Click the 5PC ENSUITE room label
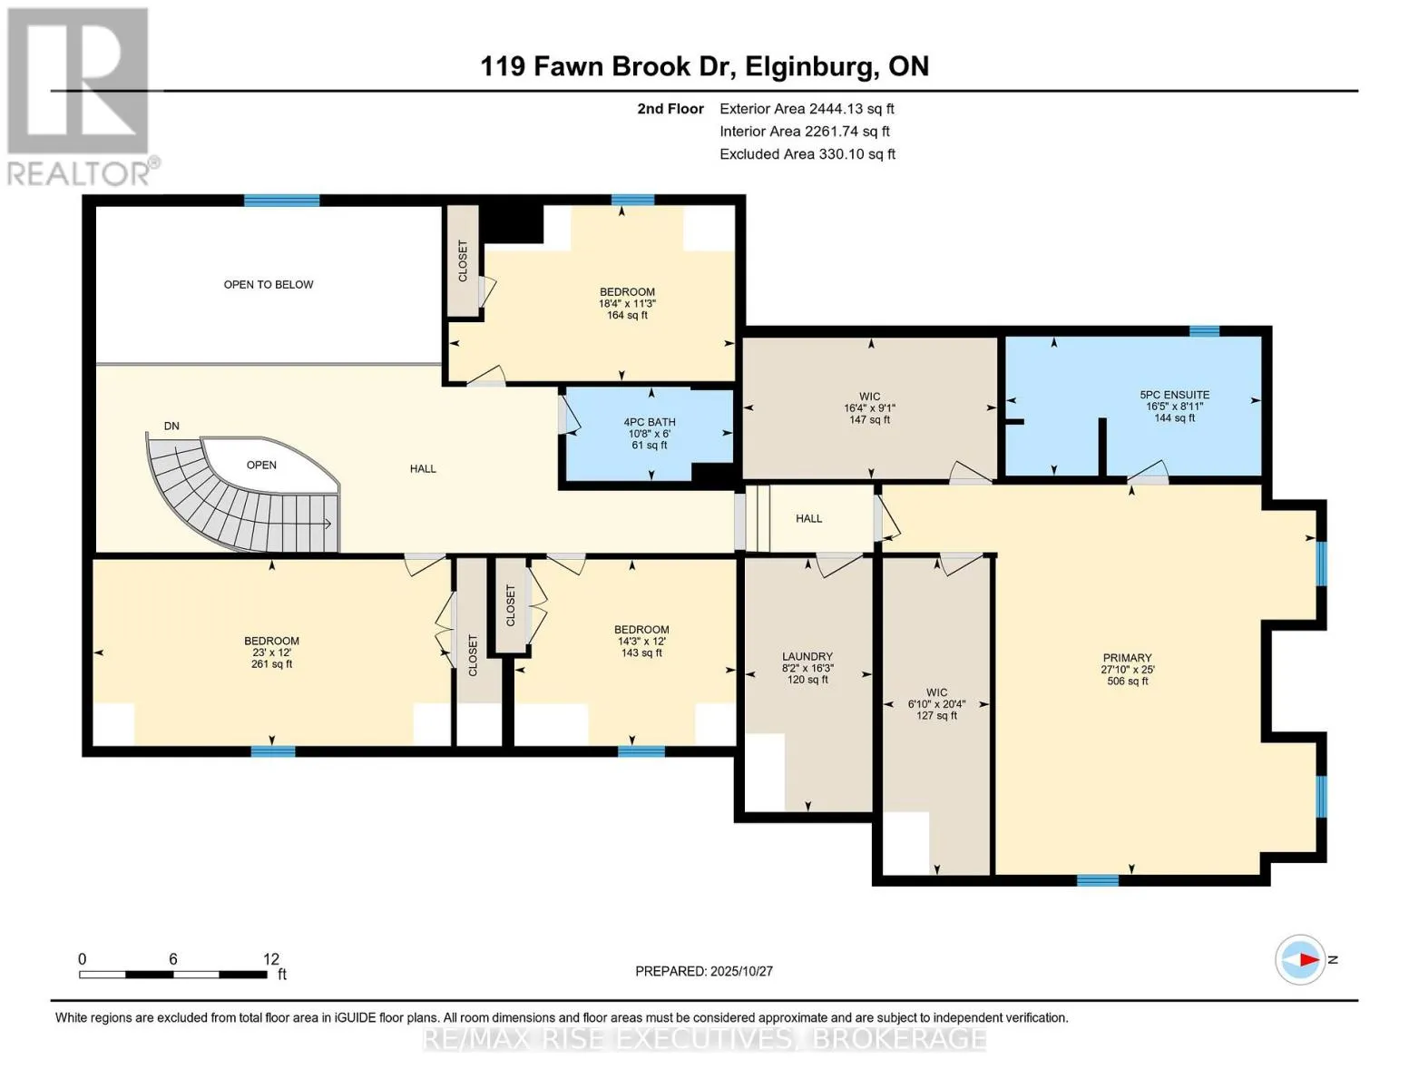(1174, 395)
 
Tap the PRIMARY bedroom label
(1127, 658)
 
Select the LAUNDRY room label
(807, 656)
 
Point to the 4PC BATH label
(649, 422)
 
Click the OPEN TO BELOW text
(269, 285)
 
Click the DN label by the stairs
(171, 426)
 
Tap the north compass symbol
(1300, 959)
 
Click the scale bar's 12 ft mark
(270, 959)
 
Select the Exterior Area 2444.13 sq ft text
(807, 109)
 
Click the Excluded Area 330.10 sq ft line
(807, 154)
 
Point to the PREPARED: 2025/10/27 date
(703, 971)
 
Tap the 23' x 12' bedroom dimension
(271, 652)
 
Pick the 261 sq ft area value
(271, 664)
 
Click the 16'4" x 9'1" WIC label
(869, 408)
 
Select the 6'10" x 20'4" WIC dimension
(936, 704)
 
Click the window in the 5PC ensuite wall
(1204, 331)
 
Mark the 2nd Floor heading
(670, 109)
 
